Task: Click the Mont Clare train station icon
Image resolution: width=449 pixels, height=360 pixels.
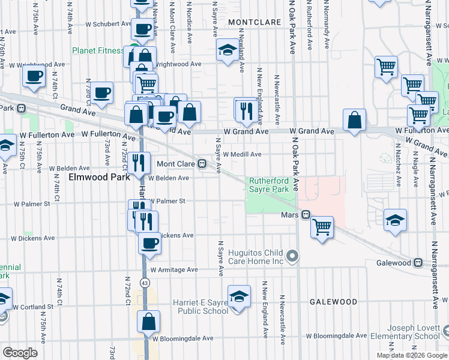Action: pos(203,163)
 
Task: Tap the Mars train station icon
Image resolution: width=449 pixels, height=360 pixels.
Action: pos(306,214)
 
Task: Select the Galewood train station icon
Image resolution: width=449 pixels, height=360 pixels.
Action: pos(417,262)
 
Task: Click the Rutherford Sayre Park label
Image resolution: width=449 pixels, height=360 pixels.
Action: pos(269,184)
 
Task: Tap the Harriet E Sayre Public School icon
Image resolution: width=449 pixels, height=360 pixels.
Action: pos(239,297)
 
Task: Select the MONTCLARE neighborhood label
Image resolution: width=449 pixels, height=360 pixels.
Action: pos(255,22)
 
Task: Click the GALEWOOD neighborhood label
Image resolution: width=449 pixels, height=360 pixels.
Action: pos(333,302)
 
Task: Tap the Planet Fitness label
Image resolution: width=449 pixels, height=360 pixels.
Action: pos(98,50)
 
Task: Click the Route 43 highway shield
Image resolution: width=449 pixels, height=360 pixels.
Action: pos(145,282)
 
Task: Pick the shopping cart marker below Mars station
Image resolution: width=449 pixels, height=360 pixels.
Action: pos(322,227)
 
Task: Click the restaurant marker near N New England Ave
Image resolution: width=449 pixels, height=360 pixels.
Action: pos(246,110)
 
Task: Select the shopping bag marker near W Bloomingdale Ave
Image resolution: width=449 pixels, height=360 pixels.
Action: pos(148,322)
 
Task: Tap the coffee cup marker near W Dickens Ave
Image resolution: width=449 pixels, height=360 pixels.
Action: pos(149,243)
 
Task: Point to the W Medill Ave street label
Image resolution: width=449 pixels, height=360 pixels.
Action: pos(242,154)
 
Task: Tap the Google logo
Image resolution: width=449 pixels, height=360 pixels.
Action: pos(20,353)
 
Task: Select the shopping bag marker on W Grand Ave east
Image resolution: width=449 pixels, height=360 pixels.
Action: pos(355,119)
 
